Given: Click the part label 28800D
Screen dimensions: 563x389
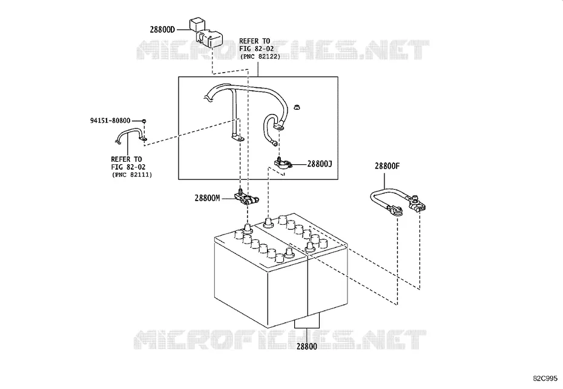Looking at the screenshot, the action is (x=162, y=30).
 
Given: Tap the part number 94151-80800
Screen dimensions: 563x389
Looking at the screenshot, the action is (x=110, y=121).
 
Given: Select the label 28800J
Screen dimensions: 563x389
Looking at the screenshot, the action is (x=320, y=164).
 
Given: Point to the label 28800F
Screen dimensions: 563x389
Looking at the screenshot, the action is (x=387, y=166).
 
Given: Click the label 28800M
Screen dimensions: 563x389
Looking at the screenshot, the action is (x=207, y=198).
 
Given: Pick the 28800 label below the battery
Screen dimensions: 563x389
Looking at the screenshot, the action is (x=307, y=347).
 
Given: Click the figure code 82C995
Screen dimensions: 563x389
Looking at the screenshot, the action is (x=545, y=379).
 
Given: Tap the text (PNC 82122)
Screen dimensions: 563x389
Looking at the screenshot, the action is (x=260, y=56).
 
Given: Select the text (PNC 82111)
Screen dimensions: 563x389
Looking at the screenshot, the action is (x=132, y=175).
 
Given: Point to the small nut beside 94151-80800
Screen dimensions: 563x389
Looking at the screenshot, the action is (x=143, y=121).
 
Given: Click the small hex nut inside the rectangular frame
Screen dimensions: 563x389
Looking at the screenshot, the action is (x=297, y=107).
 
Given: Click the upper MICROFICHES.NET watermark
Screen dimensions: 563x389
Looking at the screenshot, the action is (x=283, y=50).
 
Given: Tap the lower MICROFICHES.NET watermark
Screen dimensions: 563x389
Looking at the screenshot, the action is (x=280, y=340).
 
